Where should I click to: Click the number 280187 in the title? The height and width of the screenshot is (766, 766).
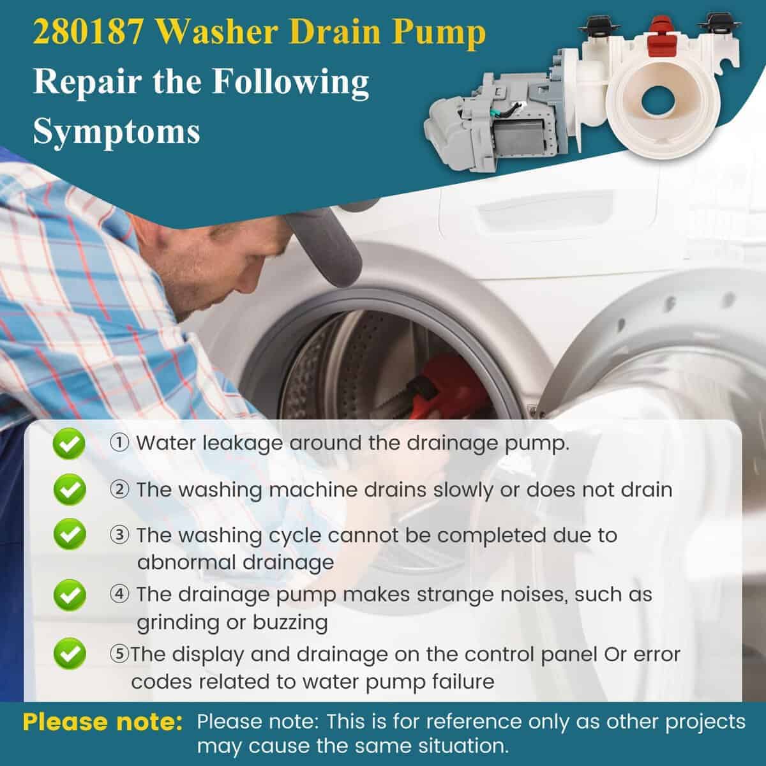[88, 32]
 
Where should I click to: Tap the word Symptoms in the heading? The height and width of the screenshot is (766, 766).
[116, 132]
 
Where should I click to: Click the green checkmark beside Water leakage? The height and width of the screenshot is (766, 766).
[69, 444]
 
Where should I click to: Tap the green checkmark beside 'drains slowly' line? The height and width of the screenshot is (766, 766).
[70, 490]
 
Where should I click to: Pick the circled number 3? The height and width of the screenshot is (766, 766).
[119, 535]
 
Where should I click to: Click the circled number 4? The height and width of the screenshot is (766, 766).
[119, 594]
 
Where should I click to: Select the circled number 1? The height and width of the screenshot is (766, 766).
[119, 443]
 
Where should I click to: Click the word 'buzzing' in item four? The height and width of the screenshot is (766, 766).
[290, 623]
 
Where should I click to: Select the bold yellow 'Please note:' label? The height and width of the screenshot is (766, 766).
[103, 722]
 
